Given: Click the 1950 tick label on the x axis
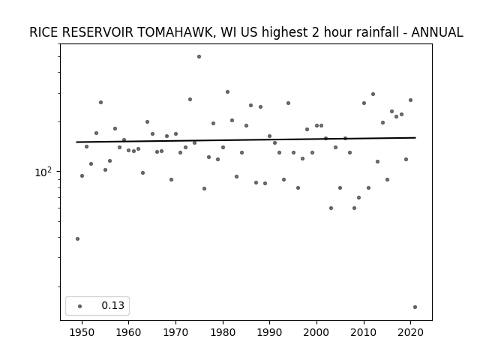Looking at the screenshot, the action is pos(82,332).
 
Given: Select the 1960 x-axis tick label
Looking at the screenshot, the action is pos(128,332).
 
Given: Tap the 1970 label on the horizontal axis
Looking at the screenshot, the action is pos(175,332).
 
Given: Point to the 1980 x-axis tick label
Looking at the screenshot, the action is pos(223,332).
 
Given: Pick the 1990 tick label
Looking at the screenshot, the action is pos(270,332).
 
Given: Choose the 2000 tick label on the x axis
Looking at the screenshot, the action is pos(316,332).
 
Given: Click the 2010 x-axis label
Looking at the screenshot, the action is pos(364,332).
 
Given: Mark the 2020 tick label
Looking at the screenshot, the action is pos(411,332).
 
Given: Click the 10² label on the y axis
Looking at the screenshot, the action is pos(43,172).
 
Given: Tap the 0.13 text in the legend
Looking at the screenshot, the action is pos(113,305).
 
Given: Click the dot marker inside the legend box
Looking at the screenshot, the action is pos(80,306).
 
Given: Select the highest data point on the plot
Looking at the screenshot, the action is pos(199,57).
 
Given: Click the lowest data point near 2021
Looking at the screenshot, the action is pos(415,307).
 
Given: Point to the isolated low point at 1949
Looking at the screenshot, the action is pos(77,238).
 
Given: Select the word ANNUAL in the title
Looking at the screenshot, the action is pos(437,32).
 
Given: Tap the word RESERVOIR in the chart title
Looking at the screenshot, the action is pos(97,32).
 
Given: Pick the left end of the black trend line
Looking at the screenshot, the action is pos(76,142).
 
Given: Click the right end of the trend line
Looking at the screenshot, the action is pos(415,138).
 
